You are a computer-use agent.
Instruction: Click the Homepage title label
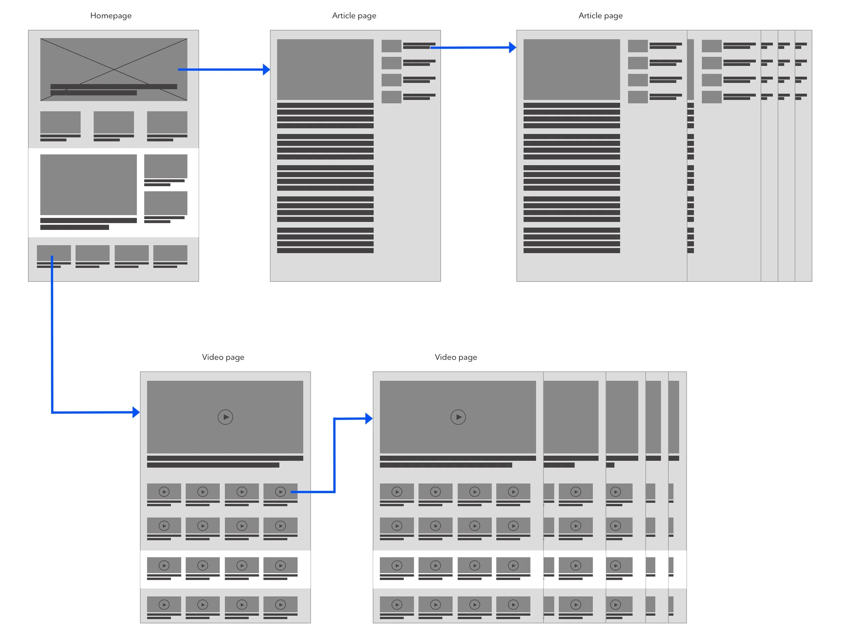(111, 16)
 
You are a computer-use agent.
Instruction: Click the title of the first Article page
(354, 16)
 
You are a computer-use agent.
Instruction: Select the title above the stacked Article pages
(600, 16)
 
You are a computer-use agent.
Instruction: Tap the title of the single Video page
(223, 357)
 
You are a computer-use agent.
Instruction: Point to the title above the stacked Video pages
(456, 357)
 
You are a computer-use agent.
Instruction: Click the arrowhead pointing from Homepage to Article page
(266, 70)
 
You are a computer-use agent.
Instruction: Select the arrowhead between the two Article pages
(512, 47)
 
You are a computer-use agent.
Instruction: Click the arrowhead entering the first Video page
(136, 412)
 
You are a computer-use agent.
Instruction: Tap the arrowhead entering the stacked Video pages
(369, 418)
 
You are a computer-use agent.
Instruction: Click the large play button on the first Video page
(225, 417)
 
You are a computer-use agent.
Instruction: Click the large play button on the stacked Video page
(458, 417)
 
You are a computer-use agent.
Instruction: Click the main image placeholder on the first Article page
(325, 69)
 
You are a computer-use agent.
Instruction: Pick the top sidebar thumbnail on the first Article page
(391, 46)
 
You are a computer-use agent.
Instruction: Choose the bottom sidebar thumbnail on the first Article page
(391, 97)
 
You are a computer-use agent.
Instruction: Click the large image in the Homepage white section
(88, 185)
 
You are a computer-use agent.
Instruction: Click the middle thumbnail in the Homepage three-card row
(114, 122)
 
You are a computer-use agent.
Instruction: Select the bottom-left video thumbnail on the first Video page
(164, 604)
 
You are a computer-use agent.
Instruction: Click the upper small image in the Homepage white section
(166, 166)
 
